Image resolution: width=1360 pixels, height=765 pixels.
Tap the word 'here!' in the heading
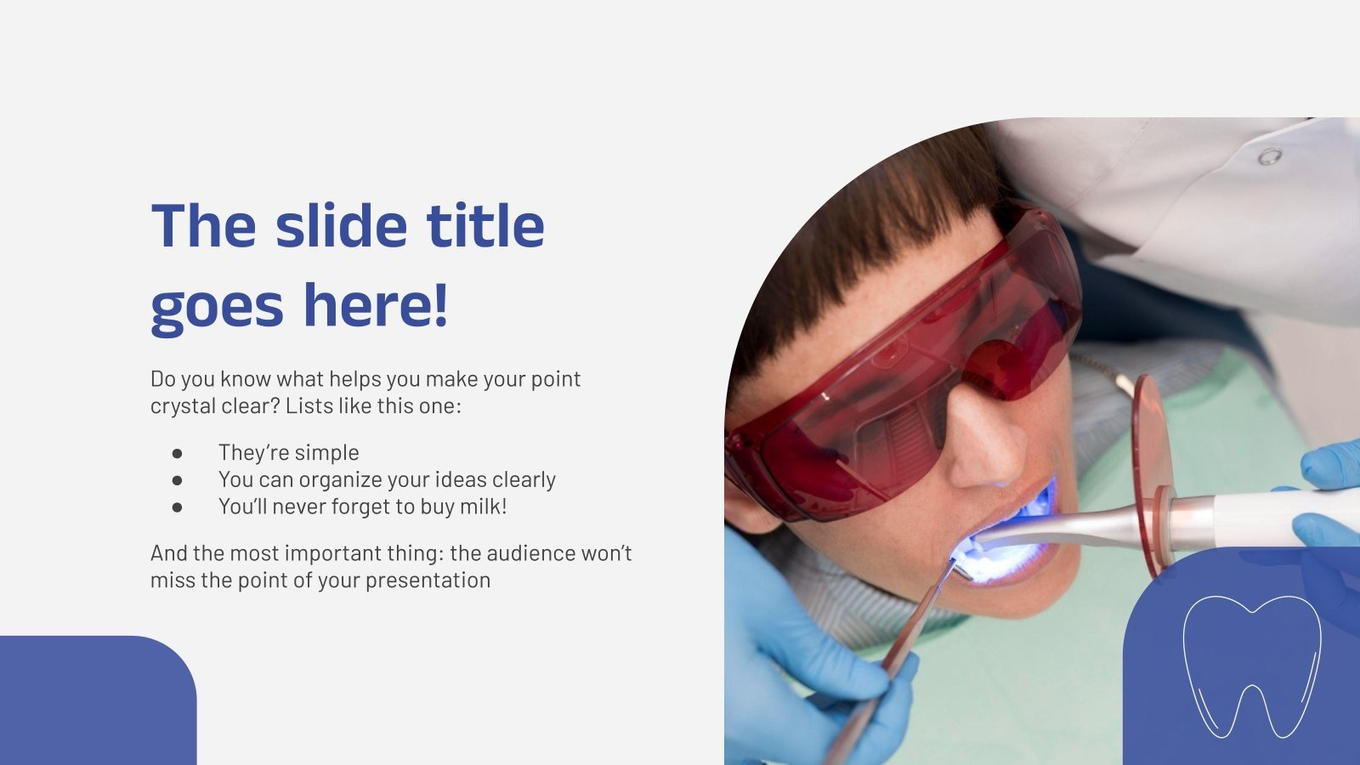(375, 306)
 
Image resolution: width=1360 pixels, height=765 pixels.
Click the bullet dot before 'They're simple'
(177, 453)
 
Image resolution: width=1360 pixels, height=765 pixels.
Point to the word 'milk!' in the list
(483, 507)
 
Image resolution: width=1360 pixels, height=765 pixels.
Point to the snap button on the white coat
(1270, 156)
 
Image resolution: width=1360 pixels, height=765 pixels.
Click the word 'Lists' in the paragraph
(309, 406)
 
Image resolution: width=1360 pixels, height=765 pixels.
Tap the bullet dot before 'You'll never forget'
(177, 507)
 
